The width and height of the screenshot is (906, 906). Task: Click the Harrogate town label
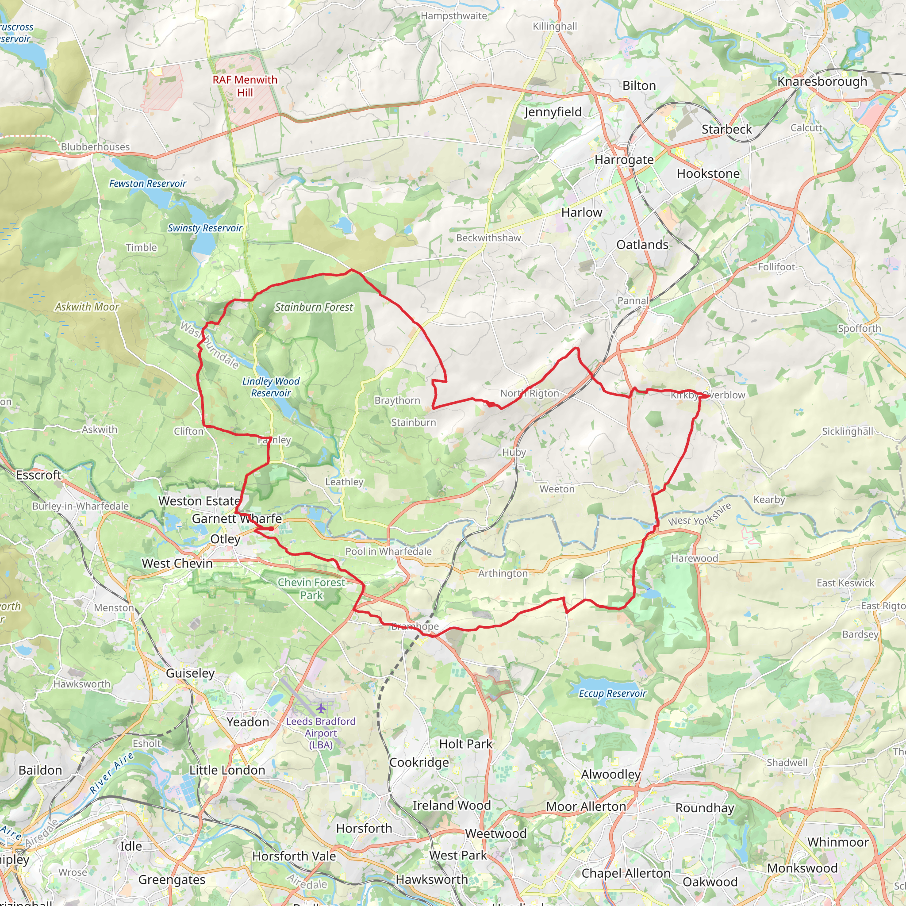[624, 160]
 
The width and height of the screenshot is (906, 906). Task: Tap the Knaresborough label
[822, 81]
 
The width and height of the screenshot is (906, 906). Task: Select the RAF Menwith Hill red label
[245, 86]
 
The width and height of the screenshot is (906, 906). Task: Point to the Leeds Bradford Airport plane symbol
[321, 708]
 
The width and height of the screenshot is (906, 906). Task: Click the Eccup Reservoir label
[612, 694]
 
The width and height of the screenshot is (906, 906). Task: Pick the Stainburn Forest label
[313, 307]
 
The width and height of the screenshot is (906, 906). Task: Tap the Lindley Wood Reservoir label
[271, 388]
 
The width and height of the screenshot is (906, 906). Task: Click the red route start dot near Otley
[271, 529]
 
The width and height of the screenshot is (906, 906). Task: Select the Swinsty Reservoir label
[205, 228]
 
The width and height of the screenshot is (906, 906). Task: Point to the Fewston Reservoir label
[147, 184]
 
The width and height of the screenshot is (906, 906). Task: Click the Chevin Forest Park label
[311, 588]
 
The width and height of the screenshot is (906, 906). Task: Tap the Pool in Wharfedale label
[388, 552]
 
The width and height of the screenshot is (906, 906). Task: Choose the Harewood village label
[695, 559]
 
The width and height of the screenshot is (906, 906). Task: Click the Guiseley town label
[190, 673]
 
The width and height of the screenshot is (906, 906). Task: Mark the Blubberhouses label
[95, 147]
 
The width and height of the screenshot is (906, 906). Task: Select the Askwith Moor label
[87, 307]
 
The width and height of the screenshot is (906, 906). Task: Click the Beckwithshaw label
[488, 238]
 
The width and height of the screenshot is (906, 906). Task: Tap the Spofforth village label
[859, 329]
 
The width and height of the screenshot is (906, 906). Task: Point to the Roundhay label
[704, 808]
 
